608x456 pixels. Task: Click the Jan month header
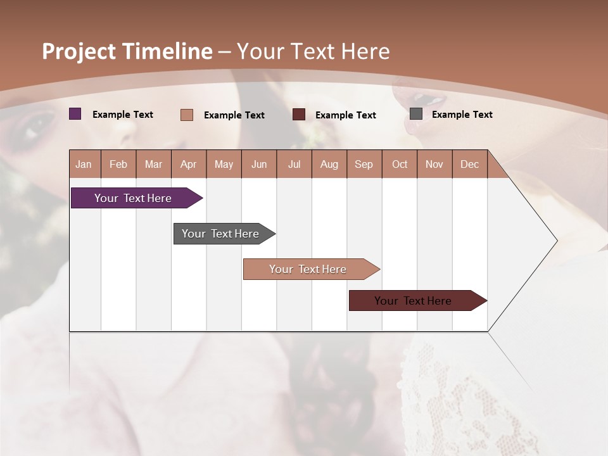84,164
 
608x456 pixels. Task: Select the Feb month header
118,164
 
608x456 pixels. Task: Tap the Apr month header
189,164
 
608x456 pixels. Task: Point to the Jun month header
259,164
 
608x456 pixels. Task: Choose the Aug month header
329,164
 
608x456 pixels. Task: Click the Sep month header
364,164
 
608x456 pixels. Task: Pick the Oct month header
400,164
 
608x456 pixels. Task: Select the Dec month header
470,164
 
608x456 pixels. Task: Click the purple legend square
75,114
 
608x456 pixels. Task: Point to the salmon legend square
187,115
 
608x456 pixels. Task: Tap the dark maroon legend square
299,115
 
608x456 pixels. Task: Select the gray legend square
416,114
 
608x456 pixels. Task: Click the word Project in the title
79,51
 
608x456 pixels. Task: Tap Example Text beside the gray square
462,114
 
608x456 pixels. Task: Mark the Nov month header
434,164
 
